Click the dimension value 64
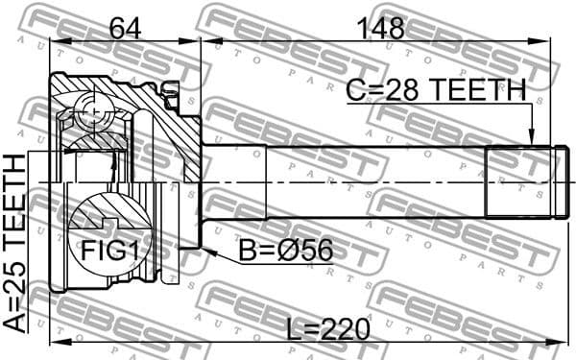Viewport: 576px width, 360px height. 126,28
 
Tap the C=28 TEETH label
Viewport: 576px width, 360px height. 436,90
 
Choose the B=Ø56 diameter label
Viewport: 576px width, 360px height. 285,252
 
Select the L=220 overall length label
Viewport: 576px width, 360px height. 328,329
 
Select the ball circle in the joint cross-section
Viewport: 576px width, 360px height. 93,113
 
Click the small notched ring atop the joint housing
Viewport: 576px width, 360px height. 172,92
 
